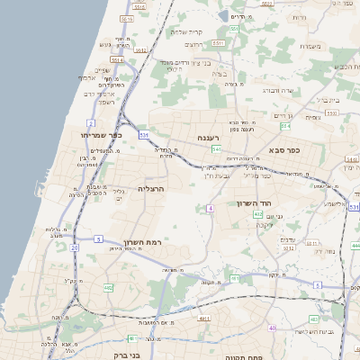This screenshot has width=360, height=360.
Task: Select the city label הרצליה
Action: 153,190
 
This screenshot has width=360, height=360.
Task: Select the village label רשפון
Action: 105,101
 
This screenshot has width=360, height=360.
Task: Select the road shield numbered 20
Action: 74,247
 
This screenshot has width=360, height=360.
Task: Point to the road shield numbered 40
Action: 272,328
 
